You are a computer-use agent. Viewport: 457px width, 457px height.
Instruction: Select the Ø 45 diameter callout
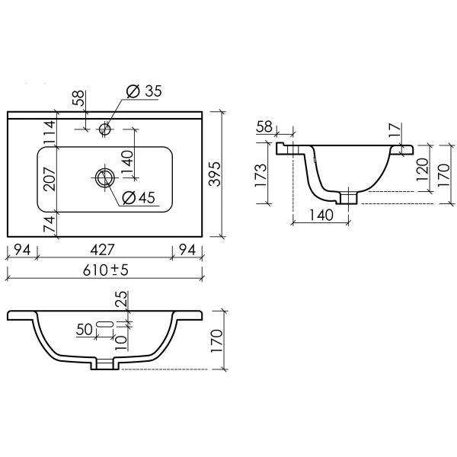coord(139,198)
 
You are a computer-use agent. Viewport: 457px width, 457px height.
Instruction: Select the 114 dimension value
coord(48,133)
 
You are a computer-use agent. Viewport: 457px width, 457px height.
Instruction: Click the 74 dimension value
coord(48,225)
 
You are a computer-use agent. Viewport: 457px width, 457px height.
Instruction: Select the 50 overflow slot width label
coord(84,329)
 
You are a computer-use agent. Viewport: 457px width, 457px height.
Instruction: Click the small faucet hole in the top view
coord(105,129)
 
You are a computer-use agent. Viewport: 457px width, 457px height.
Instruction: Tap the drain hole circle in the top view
coord(105,178)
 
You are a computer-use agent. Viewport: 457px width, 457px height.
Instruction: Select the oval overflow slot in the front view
coord(106,325)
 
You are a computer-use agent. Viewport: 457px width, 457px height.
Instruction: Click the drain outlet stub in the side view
coord(350,198)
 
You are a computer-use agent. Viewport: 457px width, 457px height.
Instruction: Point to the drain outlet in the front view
coord(104,365)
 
